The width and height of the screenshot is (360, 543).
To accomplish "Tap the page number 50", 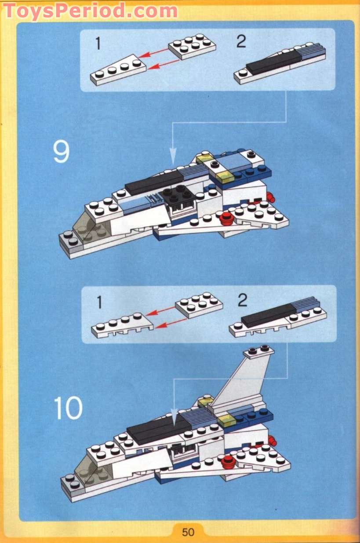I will [x=188, y=532].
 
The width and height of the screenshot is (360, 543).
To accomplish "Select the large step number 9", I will [x=61, y=152].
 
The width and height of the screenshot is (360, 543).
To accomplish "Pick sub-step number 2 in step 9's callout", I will [x=241, y=42].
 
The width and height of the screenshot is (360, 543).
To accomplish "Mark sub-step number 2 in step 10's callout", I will [x=242, y=301].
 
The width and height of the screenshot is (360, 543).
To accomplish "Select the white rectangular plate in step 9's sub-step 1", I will [x=192, y=46].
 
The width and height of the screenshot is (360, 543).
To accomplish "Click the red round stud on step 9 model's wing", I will [x=226, y=219].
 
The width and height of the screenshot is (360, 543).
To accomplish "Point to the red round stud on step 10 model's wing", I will [x=228, y=461].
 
